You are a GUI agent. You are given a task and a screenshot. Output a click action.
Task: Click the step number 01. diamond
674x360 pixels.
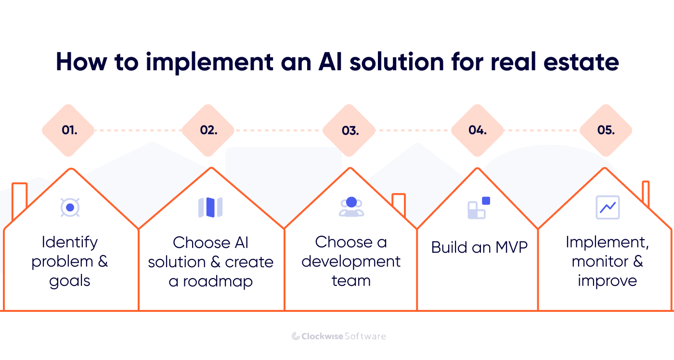pos(68,130)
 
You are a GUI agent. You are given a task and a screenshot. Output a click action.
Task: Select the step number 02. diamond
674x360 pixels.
pos(208,130)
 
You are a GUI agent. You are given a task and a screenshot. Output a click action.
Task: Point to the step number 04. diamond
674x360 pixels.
pos(477,130)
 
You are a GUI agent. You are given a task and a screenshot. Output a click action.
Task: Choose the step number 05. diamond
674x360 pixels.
pos(606,130)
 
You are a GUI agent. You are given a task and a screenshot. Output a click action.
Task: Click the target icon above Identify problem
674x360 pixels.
pos(70,207)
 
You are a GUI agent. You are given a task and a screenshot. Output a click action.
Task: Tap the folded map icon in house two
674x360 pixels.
pos(210,207)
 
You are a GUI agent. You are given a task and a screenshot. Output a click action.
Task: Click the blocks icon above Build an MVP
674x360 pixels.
pos(478,207)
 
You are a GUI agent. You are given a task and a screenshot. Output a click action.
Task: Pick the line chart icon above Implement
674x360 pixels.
pos(607,207)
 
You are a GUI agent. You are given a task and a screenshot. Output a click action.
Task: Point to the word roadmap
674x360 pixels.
pos(217,281)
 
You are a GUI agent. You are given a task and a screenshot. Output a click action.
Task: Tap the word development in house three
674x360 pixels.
pos(351,261)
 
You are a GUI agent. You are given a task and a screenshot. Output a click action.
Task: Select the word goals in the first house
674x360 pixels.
pos(70,282)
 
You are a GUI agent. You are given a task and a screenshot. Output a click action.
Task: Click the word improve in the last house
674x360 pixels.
pos(607,281)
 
